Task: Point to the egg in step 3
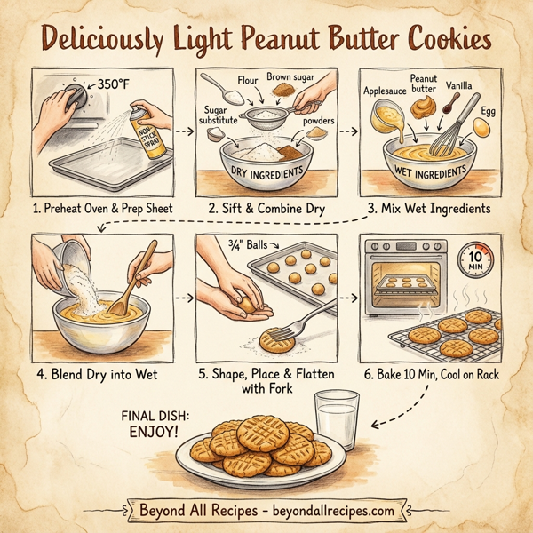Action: [481, 127]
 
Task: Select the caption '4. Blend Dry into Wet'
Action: [98, 375]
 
